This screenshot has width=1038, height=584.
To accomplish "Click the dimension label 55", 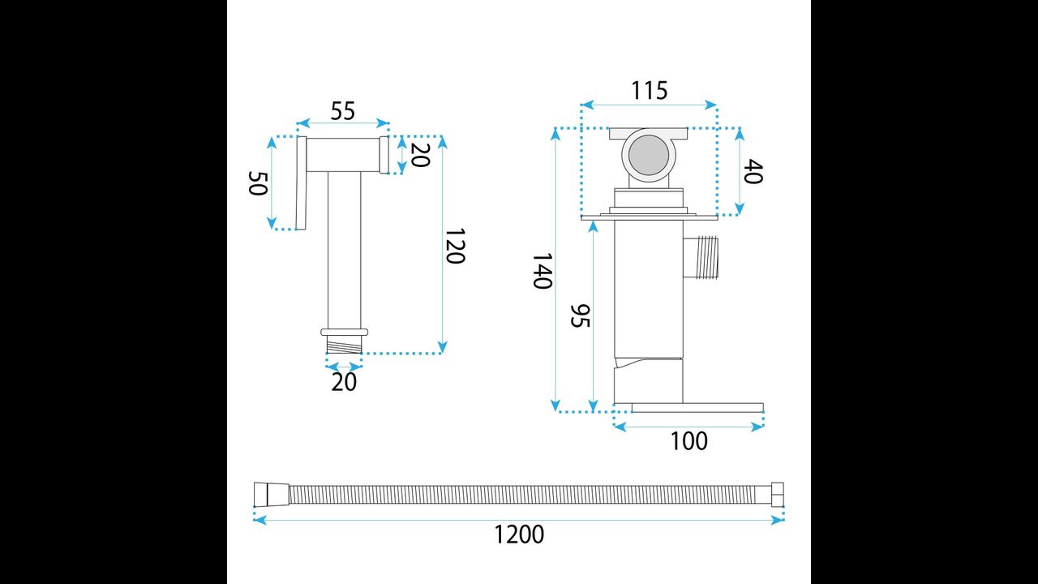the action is pyautogui.click(x=343, y=111).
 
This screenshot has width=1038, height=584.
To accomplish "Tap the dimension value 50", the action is pyautogui.click(x=258, y=183).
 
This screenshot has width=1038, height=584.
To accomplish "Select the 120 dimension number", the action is pyautogui.click(x=455, y=246).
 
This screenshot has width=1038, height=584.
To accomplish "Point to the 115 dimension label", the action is pyautogui.click(x=650, y=90).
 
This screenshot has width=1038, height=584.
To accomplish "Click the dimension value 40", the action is pyautogui.click(x=753, y=171).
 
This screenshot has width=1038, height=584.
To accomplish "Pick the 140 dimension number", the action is pyautogui.click(x=542, y=271).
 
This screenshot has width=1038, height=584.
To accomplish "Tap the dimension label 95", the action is pyautogui.click(x=580, y=316).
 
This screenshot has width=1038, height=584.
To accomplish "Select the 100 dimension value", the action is pyautogui.click(x=689, y=441).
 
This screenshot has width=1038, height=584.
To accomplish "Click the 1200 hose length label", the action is pyautogui.click(x=519, y=535).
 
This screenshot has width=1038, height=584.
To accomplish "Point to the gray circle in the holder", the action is pyautogui.click(x=649, y=155).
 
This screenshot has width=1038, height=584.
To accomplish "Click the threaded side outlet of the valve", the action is pyautogui.click(x=701, y=257).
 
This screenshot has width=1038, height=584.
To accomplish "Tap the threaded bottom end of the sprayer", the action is pyautogui.click(x=344, y=345).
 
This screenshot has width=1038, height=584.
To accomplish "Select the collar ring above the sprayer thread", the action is pyautogui.click(x=344, y=332).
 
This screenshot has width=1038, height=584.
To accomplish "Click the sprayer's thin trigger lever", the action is pyautogui.click(x=301, y=183).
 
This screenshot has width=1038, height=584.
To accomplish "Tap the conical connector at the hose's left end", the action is pyautogui.click(x=272, y=495).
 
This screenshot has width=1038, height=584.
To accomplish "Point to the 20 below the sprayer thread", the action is pyautogui.click(x=344, y=382).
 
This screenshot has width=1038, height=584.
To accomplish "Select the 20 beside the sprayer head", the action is pyautogui.click(x=420, y=155).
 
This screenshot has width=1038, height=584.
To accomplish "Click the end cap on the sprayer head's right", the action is pyautogui.click(x=384, y=155).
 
